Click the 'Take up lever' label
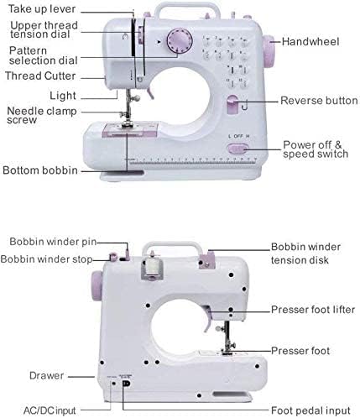42,8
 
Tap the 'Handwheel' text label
310,42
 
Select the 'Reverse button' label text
319,101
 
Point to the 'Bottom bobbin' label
40,170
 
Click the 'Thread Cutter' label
40,76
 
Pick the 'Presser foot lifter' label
313,310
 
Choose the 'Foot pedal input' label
310,410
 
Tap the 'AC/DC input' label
50,410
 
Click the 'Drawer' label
46,375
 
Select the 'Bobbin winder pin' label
53,242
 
